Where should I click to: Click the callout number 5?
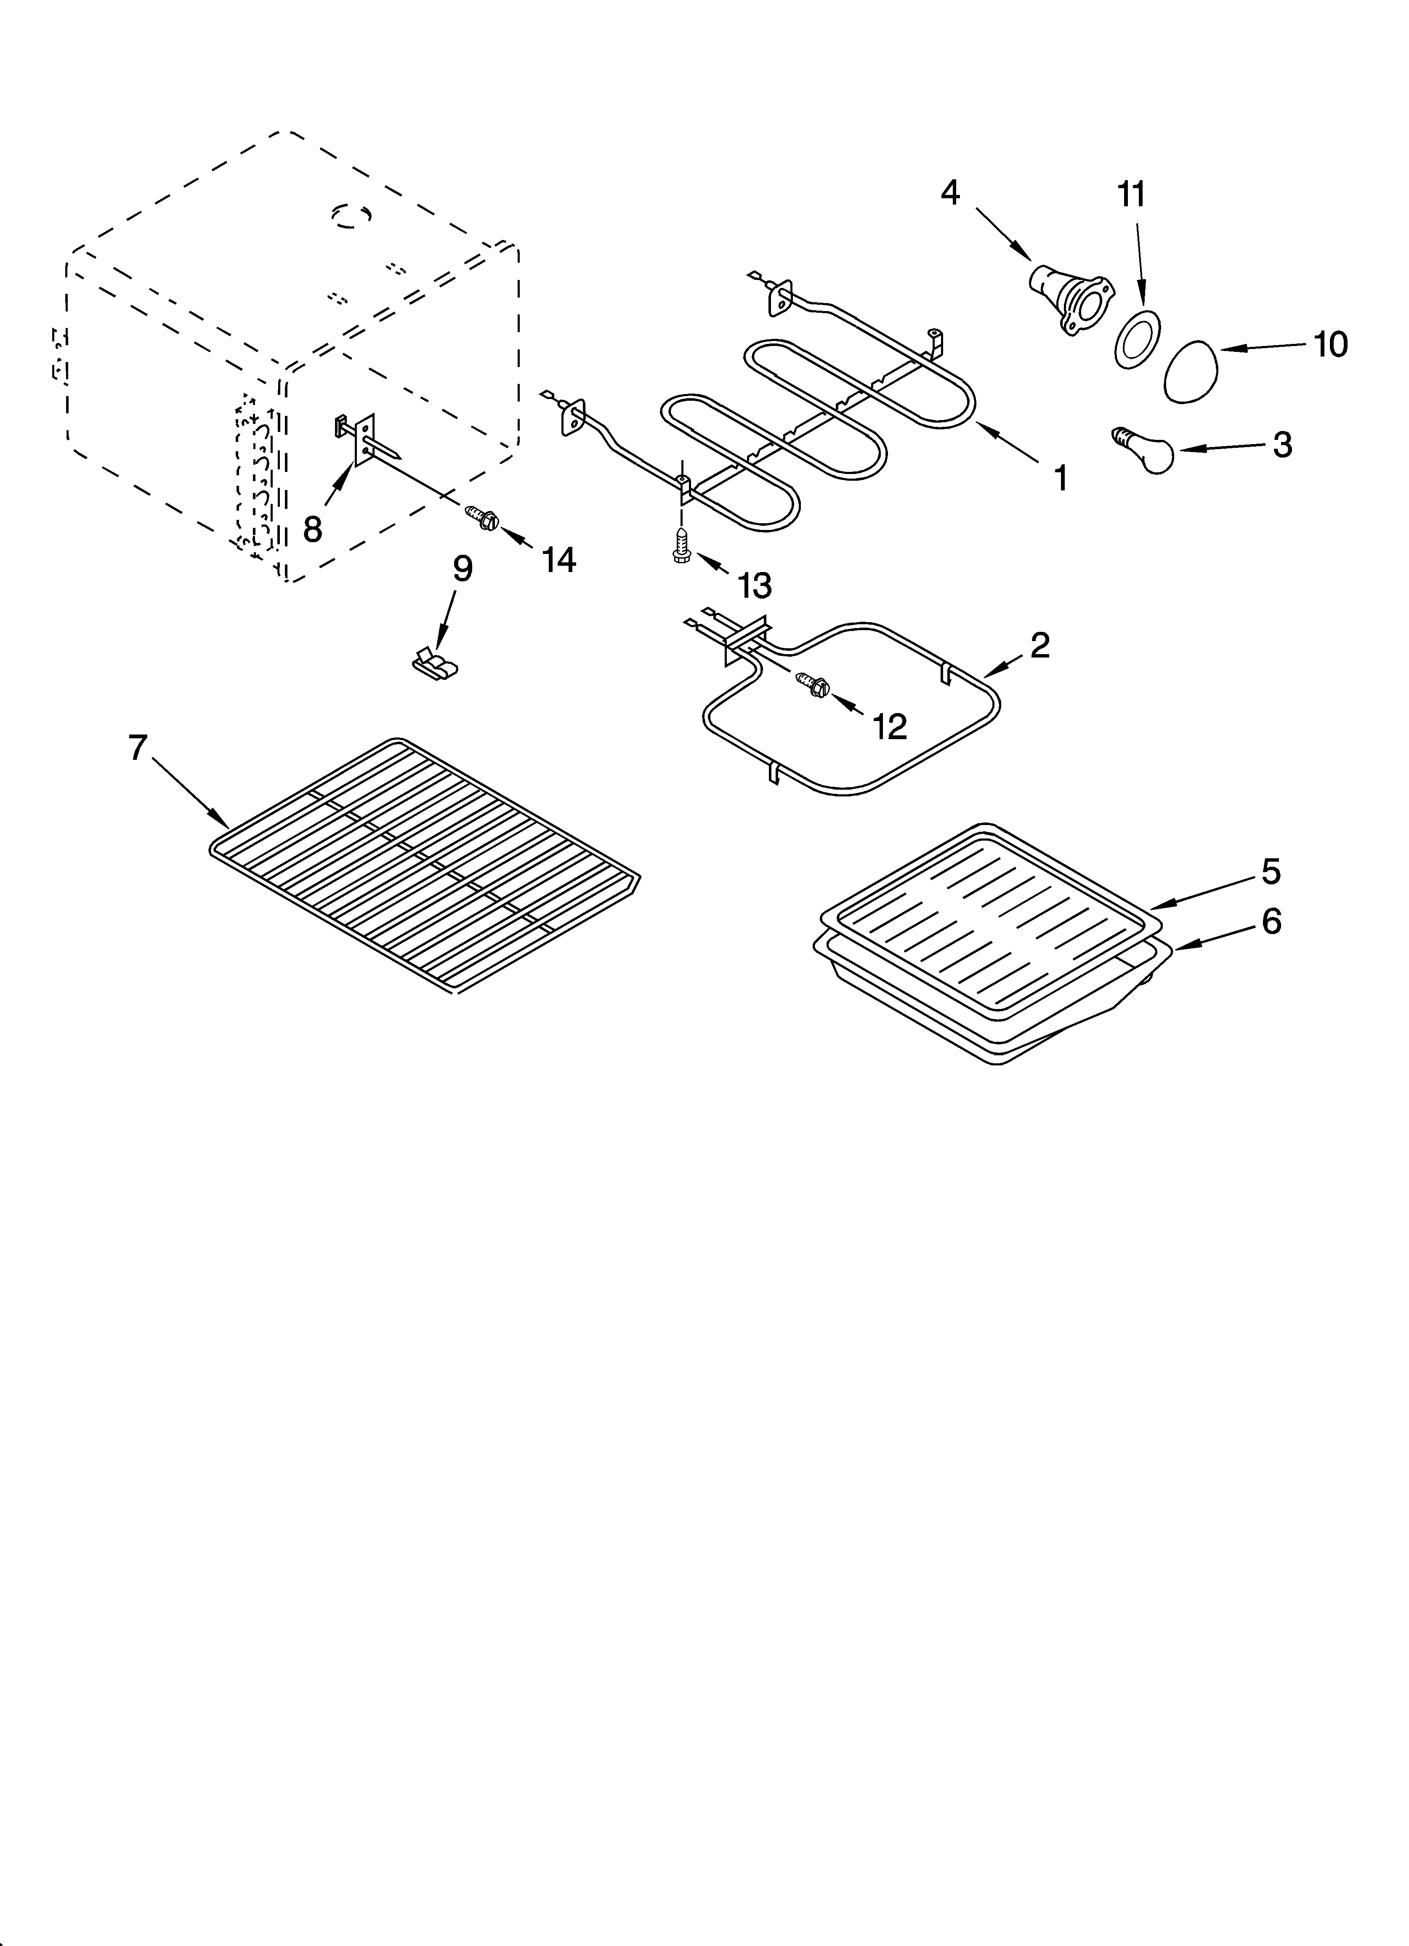[x=1271, y=872]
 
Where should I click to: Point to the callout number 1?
[x=1061, y=478]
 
